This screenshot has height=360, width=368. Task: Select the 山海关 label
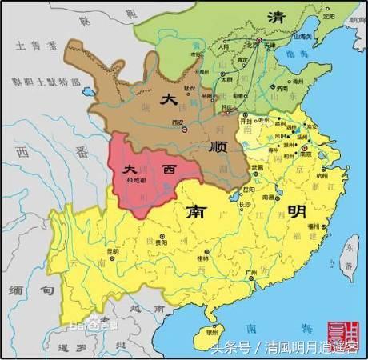pyautogui.click(x=302, y=49)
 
